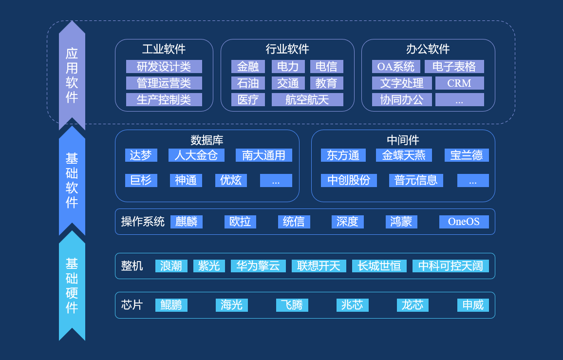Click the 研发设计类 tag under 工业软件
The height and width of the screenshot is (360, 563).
point(164,67)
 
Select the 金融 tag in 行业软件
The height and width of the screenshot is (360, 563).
point(248,67)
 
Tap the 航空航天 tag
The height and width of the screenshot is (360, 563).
point(307,100)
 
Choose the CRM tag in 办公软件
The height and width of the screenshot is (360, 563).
point(459,83)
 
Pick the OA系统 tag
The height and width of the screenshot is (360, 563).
point(396,67)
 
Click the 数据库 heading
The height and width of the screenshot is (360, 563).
point(207,140)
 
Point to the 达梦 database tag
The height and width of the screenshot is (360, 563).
point(141,155)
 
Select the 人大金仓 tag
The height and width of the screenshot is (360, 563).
point(196,155)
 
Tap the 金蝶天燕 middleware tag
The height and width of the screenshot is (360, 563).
point(404,155)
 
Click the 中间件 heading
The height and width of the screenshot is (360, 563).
point(403,140)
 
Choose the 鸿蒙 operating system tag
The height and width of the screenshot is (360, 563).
point(401,222)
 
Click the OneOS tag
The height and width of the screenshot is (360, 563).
point(464,222)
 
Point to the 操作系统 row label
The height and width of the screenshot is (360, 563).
point(143,222)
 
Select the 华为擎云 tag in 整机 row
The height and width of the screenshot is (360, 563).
point(258,266)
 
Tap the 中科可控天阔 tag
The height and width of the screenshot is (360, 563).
point(450,266)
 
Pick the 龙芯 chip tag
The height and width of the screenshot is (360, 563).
point(413,305)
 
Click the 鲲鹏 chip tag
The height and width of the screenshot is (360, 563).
point(171,305)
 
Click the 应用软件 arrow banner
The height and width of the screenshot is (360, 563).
point(72,76)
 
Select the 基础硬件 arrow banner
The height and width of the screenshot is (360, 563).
point(72,285)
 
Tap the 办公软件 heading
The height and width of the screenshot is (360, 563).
point(428,49)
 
